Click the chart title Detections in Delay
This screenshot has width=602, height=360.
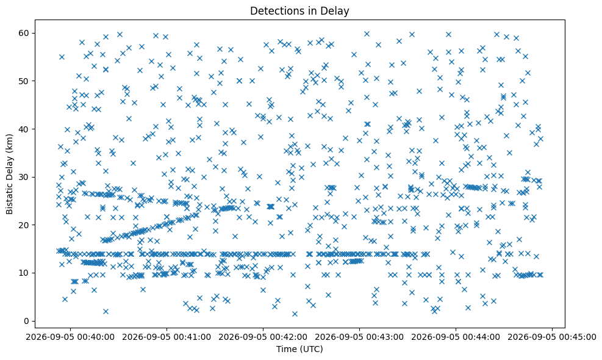tap(299, 11)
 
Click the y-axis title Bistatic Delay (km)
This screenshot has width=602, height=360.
tap(9, 174)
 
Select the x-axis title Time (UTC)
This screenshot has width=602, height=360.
tap(299, 349)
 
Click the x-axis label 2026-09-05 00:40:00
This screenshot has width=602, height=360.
tap(70, 337)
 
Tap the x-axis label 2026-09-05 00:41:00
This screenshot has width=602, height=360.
tap(167, 337)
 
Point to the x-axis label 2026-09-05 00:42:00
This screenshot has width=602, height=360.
tap(263, 337)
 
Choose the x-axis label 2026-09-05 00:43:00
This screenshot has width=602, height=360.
tap(359, 337)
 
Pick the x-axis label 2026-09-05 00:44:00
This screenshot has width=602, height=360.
tap(456, 337)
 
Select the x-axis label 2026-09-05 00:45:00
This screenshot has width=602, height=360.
tap(552, 337)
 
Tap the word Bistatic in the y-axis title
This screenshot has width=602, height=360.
tap(9, 198)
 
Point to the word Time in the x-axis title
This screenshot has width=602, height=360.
tap(285, 349)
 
